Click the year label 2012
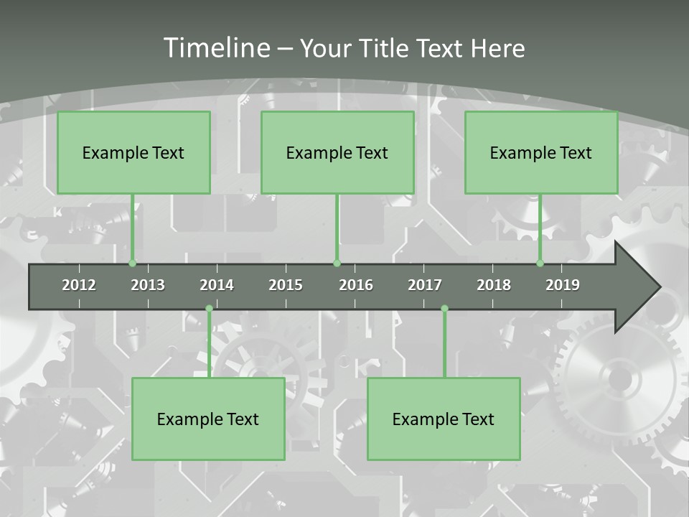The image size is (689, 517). click(79, 285)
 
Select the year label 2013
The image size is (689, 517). click(148, 285)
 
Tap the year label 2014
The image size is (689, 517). click(217, 285)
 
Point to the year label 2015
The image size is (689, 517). click(286, 285)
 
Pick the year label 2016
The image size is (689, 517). click(356, 285)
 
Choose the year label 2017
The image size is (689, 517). click(425, 285)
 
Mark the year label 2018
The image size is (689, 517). click(494, 285)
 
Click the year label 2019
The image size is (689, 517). click(563, 285)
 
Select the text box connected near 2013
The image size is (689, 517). click(133, 152)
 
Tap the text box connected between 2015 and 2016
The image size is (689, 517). click(337, 152)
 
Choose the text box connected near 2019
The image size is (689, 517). click(541, 152)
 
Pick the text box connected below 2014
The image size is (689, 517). click(208, 419)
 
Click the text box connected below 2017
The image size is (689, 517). click(444, 419)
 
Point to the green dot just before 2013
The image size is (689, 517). click(132, 264)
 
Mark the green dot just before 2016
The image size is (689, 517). click(337, 264)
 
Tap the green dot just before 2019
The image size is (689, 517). click(540, 264)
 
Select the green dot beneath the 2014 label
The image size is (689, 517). click(209, 309)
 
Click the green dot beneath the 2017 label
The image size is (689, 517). click(444, 309)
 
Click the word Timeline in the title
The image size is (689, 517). click(216, 48)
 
